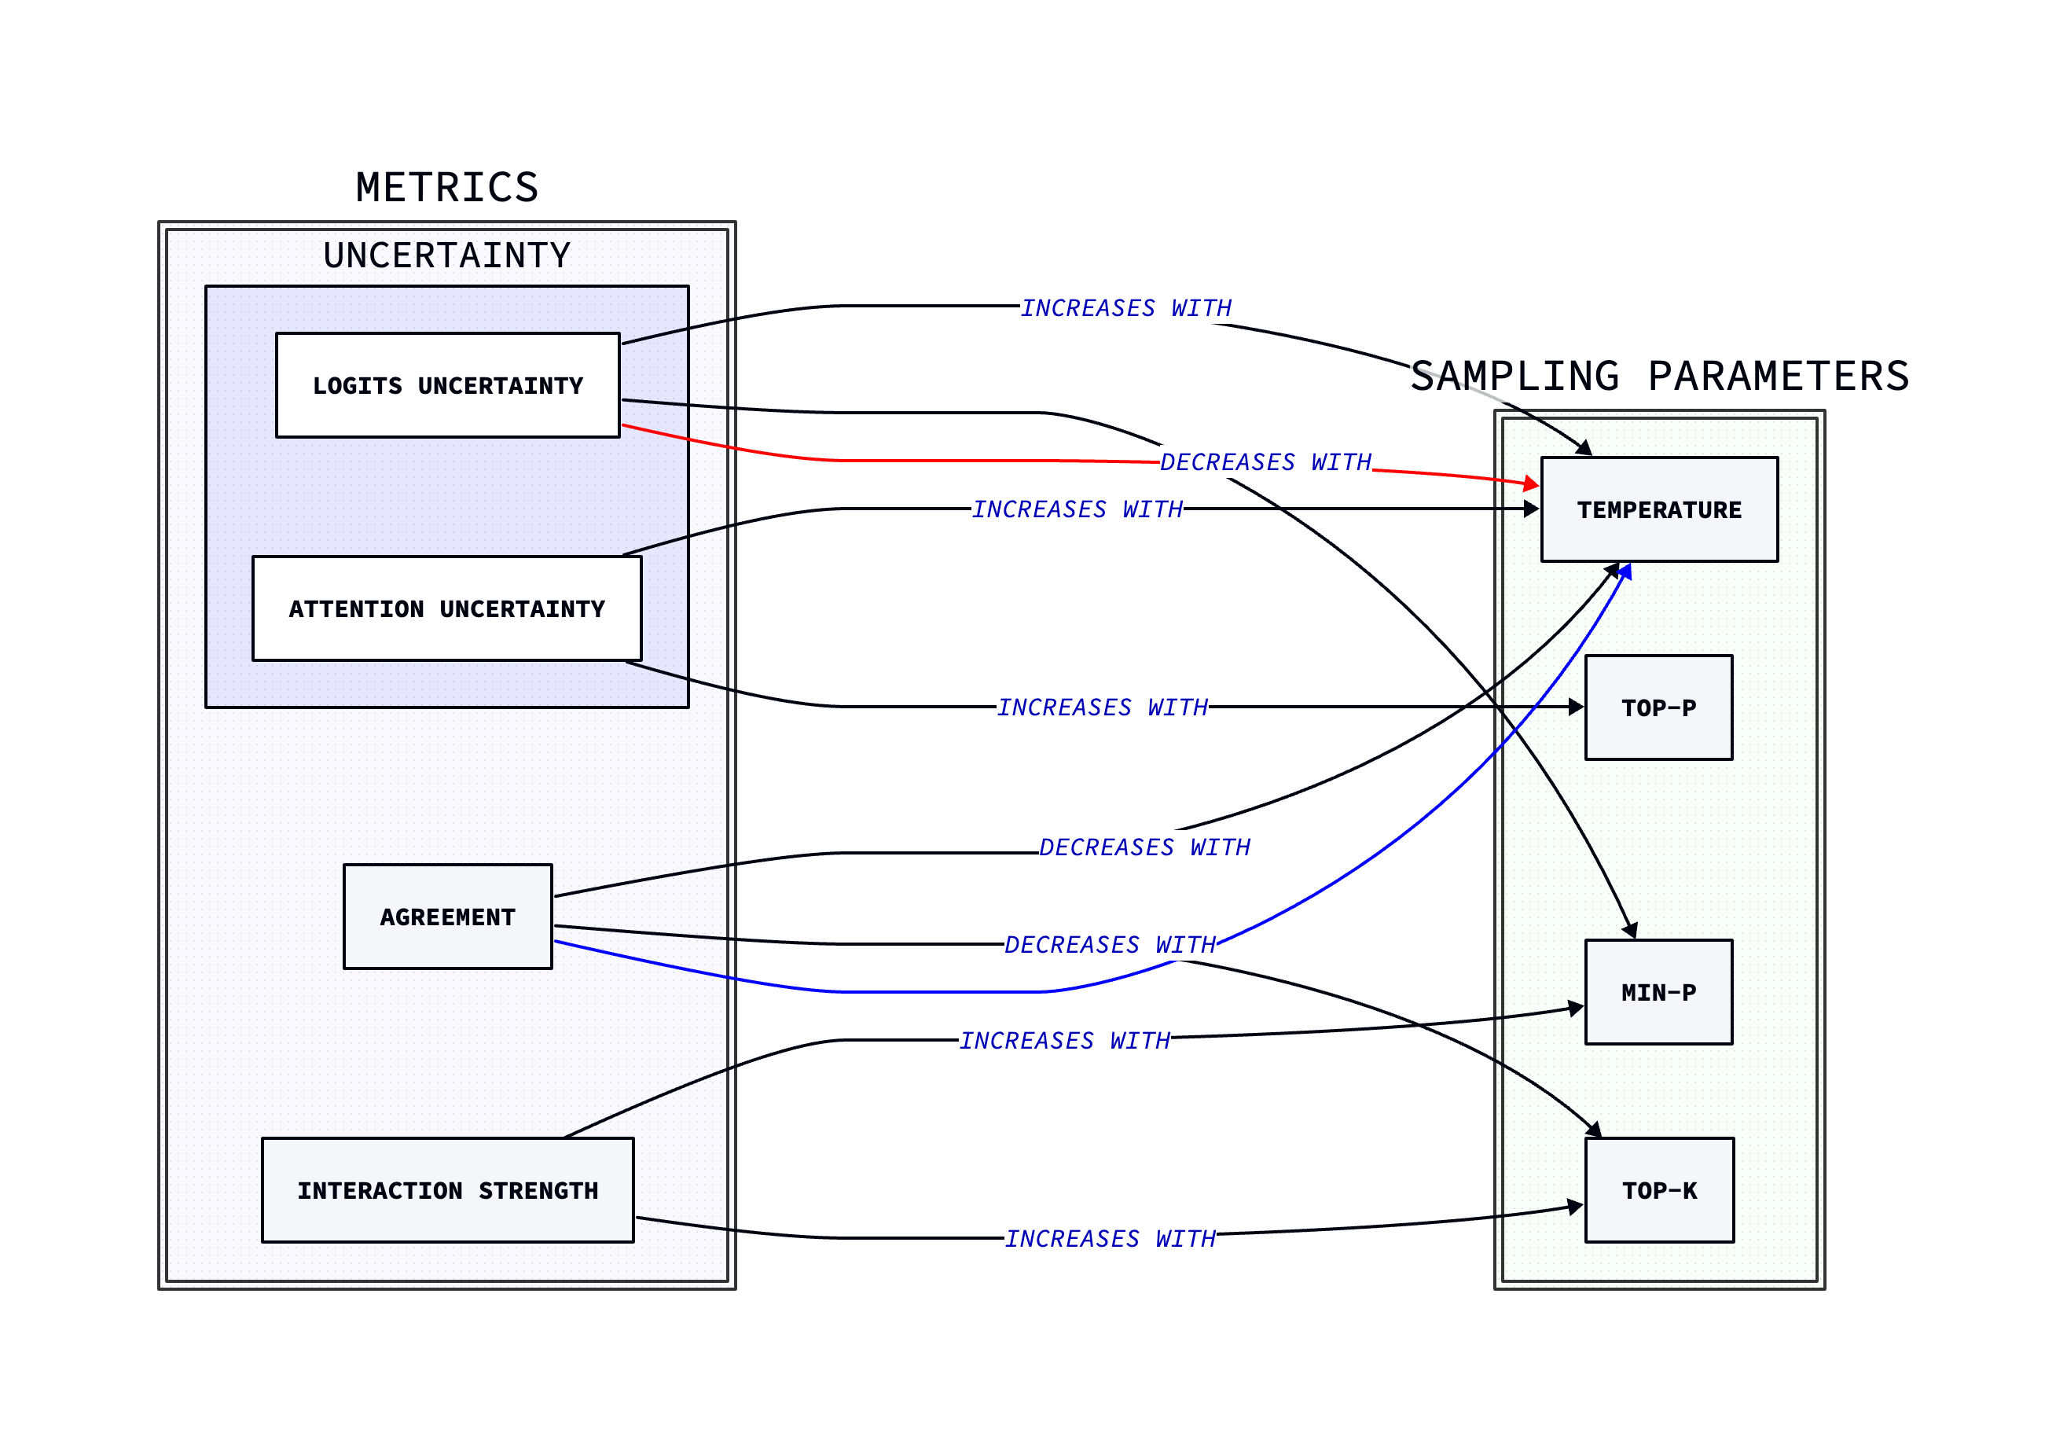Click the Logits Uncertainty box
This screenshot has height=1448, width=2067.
pyautogui.click(x=447, y=385)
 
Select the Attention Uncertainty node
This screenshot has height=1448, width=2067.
pyautogui.click(x=446, y=608)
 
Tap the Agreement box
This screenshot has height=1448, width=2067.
pyautogui.click(x=447, y=917)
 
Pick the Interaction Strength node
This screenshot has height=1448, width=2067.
pyautogui.click(x=447, y=1190)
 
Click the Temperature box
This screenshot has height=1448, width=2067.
pyautogui.click(x=1659, y=509)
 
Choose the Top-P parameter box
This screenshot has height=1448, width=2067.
pyautogui.click(x=1658, y=707)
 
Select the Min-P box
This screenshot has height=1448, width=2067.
pyautogui.click(x=1658, y=992)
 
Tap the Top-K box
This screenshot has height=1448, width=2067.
pyautogui.click(x=1659, y=1190)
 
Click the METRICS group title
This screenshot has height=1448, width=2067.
pyautogui.click(x=446, y=187)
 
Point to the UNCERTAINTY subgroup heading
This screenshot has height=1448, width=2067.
pyautogui.click(x=446, y=255)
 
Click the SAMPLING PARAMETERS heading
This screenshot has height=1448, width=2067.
pyautogui.click(x=1659, y=377)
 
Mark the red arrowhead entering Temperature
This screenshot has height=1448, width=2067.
pyautogui.click(x=1531, y=484)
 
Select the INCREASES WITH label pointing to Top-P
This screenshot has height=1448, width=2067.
pyautogui.click(x=1102, y=707)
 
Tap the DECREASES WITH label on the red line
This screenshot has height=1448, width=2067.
pyautogui.click(x=1265, y=463)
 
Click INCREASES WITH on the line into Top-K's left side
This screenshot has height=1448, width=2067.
pyautogui.click(x=1109, y=1239)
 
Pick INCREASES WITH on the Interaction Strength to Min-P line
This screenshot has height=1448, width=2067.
pyautogui.click(x=1064, y=1041)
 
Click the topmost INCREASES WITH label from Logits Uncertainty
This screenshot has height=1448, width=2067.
pyautogui.click(x=1125, y=308)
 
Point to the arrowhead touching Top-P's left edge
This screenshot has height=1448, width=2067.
pyautogui.click(x=1577, y=707)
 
